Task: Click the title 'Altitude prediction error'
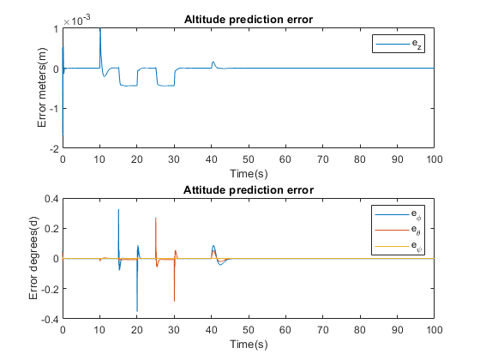(249, 20)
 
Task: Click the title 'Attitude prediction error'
(249, 190)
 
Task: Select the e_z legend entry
(399, 44)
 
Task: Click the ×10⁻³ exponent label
(77, 21)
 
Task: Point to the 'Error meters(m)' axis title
(42, 87)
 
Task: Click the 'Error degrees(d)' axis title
(33, 258)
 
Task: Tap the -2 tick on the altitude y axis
(54, 149)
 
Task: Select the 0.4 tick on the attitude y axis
(51, 199)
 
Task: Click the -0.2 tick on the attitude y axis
(50, 288)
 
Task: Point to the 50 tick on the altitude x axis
(249, 159)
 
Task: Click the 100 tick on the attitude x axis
(434, 330)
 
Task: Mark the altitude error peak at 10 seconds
(100, 28)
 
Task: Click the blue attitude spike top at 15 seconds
(118, 210)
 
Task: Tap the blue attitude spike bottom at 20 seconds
(137, 311)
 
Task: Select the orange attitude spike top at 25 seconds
(155, 218)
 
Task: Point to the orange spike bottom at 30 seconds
(175, 301)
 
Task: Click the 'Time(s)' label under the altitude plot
(249, 173)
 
